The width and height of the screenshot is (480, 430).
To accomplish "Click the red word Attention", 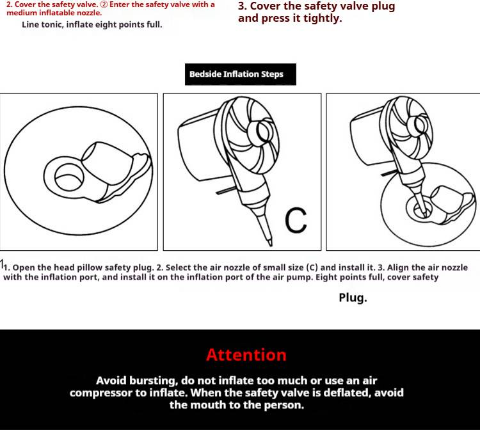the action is [246, 355].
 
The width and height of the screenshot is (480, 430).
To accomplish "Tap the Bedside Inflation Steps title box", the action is [240, 74].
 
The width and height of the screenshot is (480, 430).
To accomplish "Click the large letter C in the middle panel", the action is [296, 220].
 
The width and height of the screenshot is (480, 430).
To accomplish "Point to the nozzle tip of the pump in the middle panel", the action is [270, 243].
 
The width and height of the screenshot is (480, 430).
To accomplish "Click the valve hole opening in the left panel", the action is [69, 177].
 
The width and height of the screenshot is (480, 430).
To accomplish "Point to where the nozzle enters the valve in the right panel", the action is [424, 211].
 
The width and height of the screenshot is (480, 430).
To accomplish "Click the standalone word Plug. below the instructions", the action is [353, 298].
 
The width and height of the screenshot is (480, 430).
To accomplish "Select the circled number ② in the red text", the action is [104, 5].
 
